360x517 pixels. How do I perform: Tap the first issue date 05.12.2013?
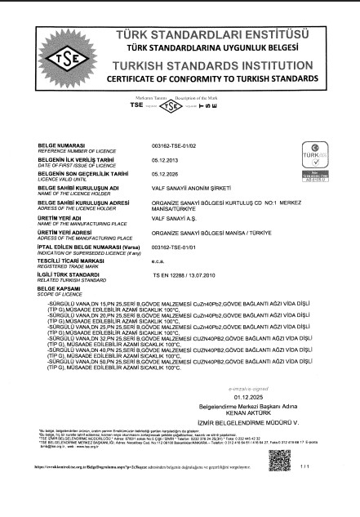tap(166, 160)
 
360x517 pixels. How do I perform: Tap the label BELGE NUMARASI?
tap(58, 144)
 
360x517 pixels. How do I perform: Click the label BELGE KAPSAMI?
tap(56, 287)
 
